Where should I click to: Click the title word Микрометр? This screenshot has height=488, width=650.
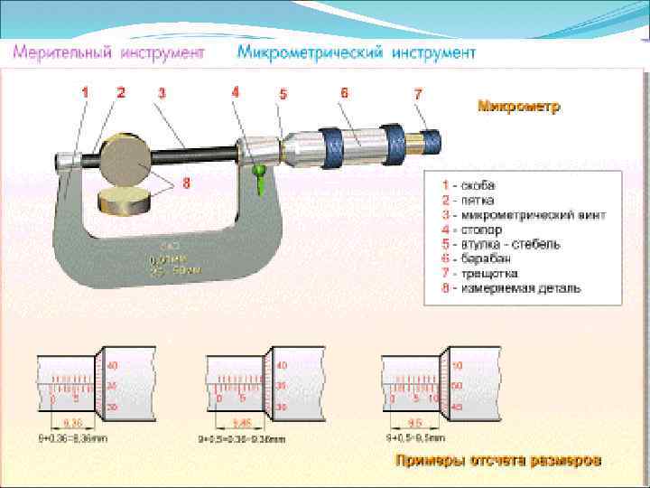tap(518, 107)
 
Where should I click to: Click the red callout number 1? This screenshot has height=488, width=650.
tap(86, 92)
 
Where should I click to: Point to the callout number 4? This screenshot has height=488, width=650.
tap(236, 91)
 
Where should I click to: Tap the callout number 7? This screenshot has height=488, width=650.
tap(418, 94)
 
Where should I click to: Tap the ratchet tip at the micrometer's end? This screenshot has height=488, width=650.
tap(431, 138)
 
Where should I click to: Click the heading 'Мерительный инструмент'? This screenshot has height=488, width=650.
tap(107, 52)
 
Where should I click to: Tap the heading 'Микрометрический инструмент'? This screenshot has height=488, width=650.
tap(356, 52)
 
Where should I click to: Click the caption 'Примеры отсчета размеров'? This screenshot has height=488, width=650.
tap(497, 461)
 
